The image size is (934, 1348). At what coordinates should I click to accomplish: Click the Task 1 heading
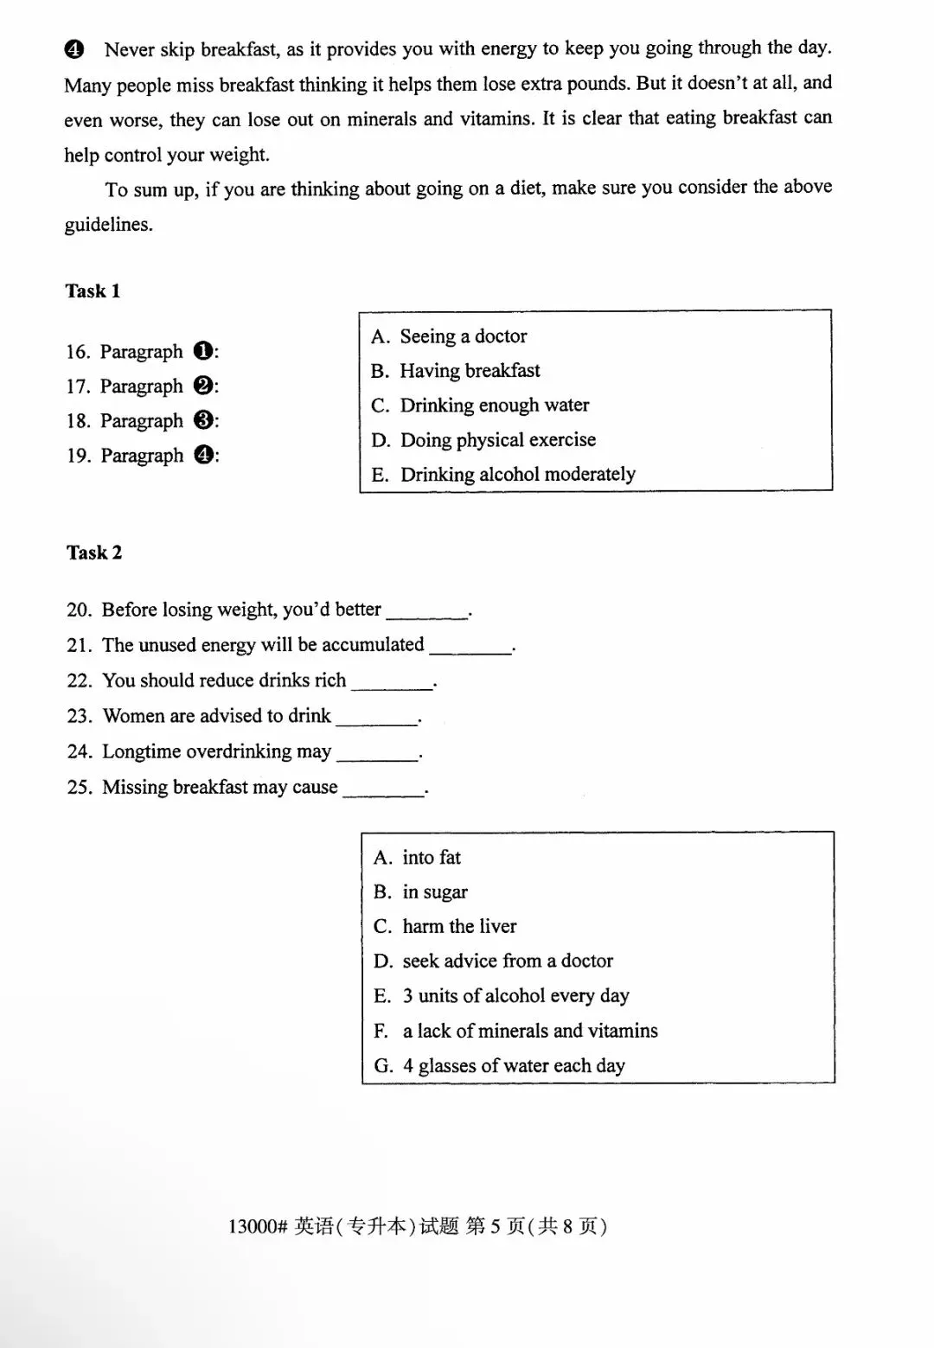pyautogui.click(x=93, y=291)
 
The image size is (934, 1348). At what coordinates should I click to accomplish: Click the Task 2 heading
pyautogui.click(x=93, y=553)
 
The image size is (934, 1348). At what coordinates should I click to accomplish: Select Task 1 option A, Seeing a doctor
pyautogui.click(x=449, y=336)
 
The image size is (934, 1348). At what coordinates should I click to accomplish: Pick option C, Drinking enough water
pyautogui.click(x=480, y=406)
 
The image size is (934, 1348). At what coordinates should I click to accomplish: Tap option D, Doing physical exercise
pyautogui.click(x=483, y=440)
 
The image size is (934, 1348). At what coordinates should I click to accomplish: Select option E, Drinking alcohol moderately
pyautogui.click(x=503, y=475)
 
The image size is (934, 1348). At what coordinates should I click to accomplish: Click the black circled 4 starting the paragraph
pyautogui.click(x=74, y=49)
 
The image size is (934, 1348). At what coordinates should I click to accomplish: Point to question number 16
pyautogui.click(x=78, y=352)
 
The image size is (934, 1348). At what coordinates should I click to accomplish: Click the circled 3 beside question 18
pyautogui.click(x=204, y=421)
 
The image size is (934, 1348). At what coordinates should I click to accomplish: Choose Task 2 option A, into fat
pyautogui.click(x=417, y=858)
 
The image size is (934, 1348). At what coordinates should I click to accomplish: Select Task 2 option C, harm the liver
pyautogui.click(x=445, y=927)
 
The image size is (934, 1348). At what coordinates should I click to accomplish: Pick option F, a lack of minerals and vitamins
pyautogui.click(x=515, y=1031)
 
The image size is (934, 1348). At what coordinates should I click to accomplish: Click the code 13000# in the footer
pyautogui.click(x=257, y=1226)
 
